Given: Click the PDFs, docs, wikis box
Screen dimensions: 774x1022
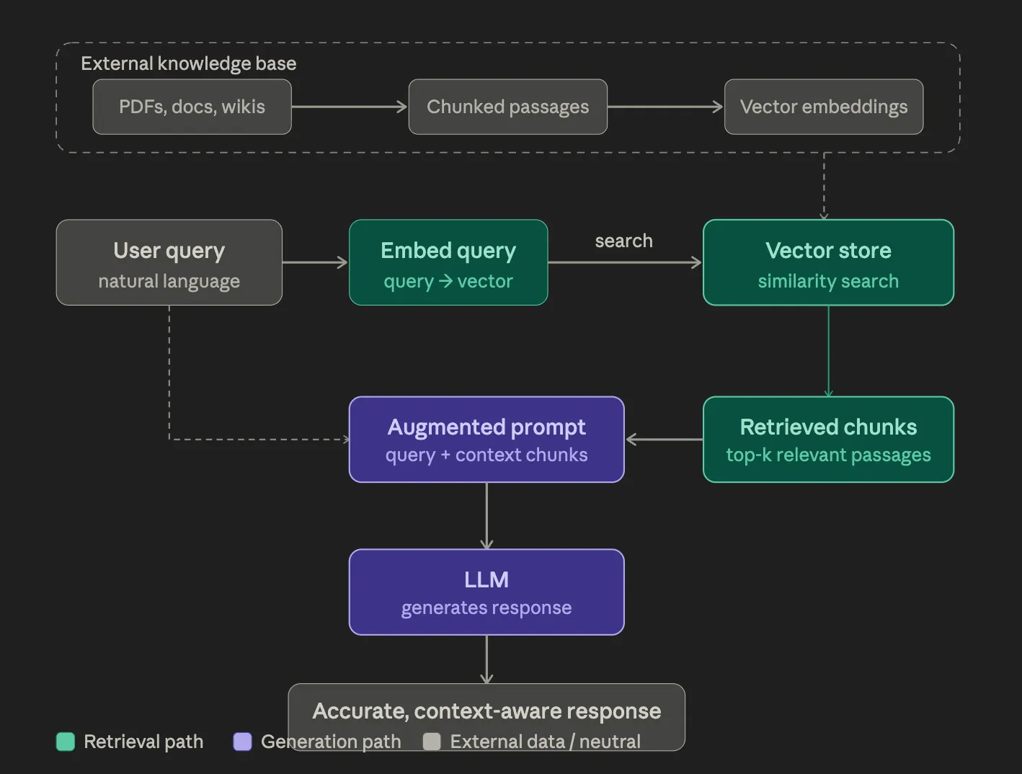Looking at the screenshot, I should (192, 107).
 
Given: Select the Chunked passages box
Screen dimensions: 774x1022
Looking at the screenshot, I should (507, 107).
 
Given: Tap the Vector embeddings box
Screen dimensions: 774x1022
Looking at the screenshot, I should (823, 107).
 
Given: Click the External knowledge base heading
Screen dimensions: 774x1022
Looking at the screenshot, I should (188, 63).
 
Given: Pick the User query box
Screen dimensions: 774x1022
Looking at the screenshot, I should (169, 262).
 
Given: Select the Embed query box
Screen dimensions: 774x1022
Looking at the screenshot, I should (448, 262).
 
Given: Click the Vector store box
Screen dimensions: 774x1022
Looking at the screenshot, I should (828, 262).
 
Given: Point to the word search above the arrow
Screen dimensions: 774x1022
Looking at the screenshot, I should (623, 241).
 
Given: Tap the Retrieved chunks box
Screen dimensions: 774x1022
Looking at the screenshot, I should (828, 439).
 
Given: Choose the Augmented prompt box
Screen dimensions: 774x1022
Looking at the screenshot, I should (486, 439).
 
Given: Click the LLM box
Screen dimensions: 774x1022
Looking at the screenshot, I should (486, 592).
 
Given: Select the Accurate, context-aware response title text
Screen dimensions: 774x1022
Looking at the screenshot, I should (486, 711).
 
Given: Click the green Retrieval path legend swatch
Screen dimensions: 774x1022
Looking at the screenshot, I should (66, 742).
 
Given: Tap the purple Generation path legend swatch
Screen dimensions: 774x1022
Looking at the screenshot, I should (243, 742).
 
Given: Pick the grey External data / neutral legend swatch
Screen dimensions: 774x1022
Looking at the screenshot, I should (432, 742).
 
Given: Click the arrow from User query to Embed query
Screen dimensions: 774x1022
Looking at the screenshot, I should (315, 262).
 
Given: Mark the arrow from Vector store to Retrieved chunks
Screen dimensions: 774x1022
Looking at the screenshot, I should (828, 351).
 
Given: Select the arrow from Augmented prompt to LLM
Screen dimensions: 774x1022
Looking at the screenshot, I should (486, 515).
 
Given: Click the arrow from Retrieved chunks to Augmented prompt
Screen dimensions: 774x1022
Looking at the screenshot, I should (663, 439).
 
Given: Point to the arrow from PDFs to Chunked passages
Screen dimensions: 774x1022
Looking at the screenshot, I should (350, 107).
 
